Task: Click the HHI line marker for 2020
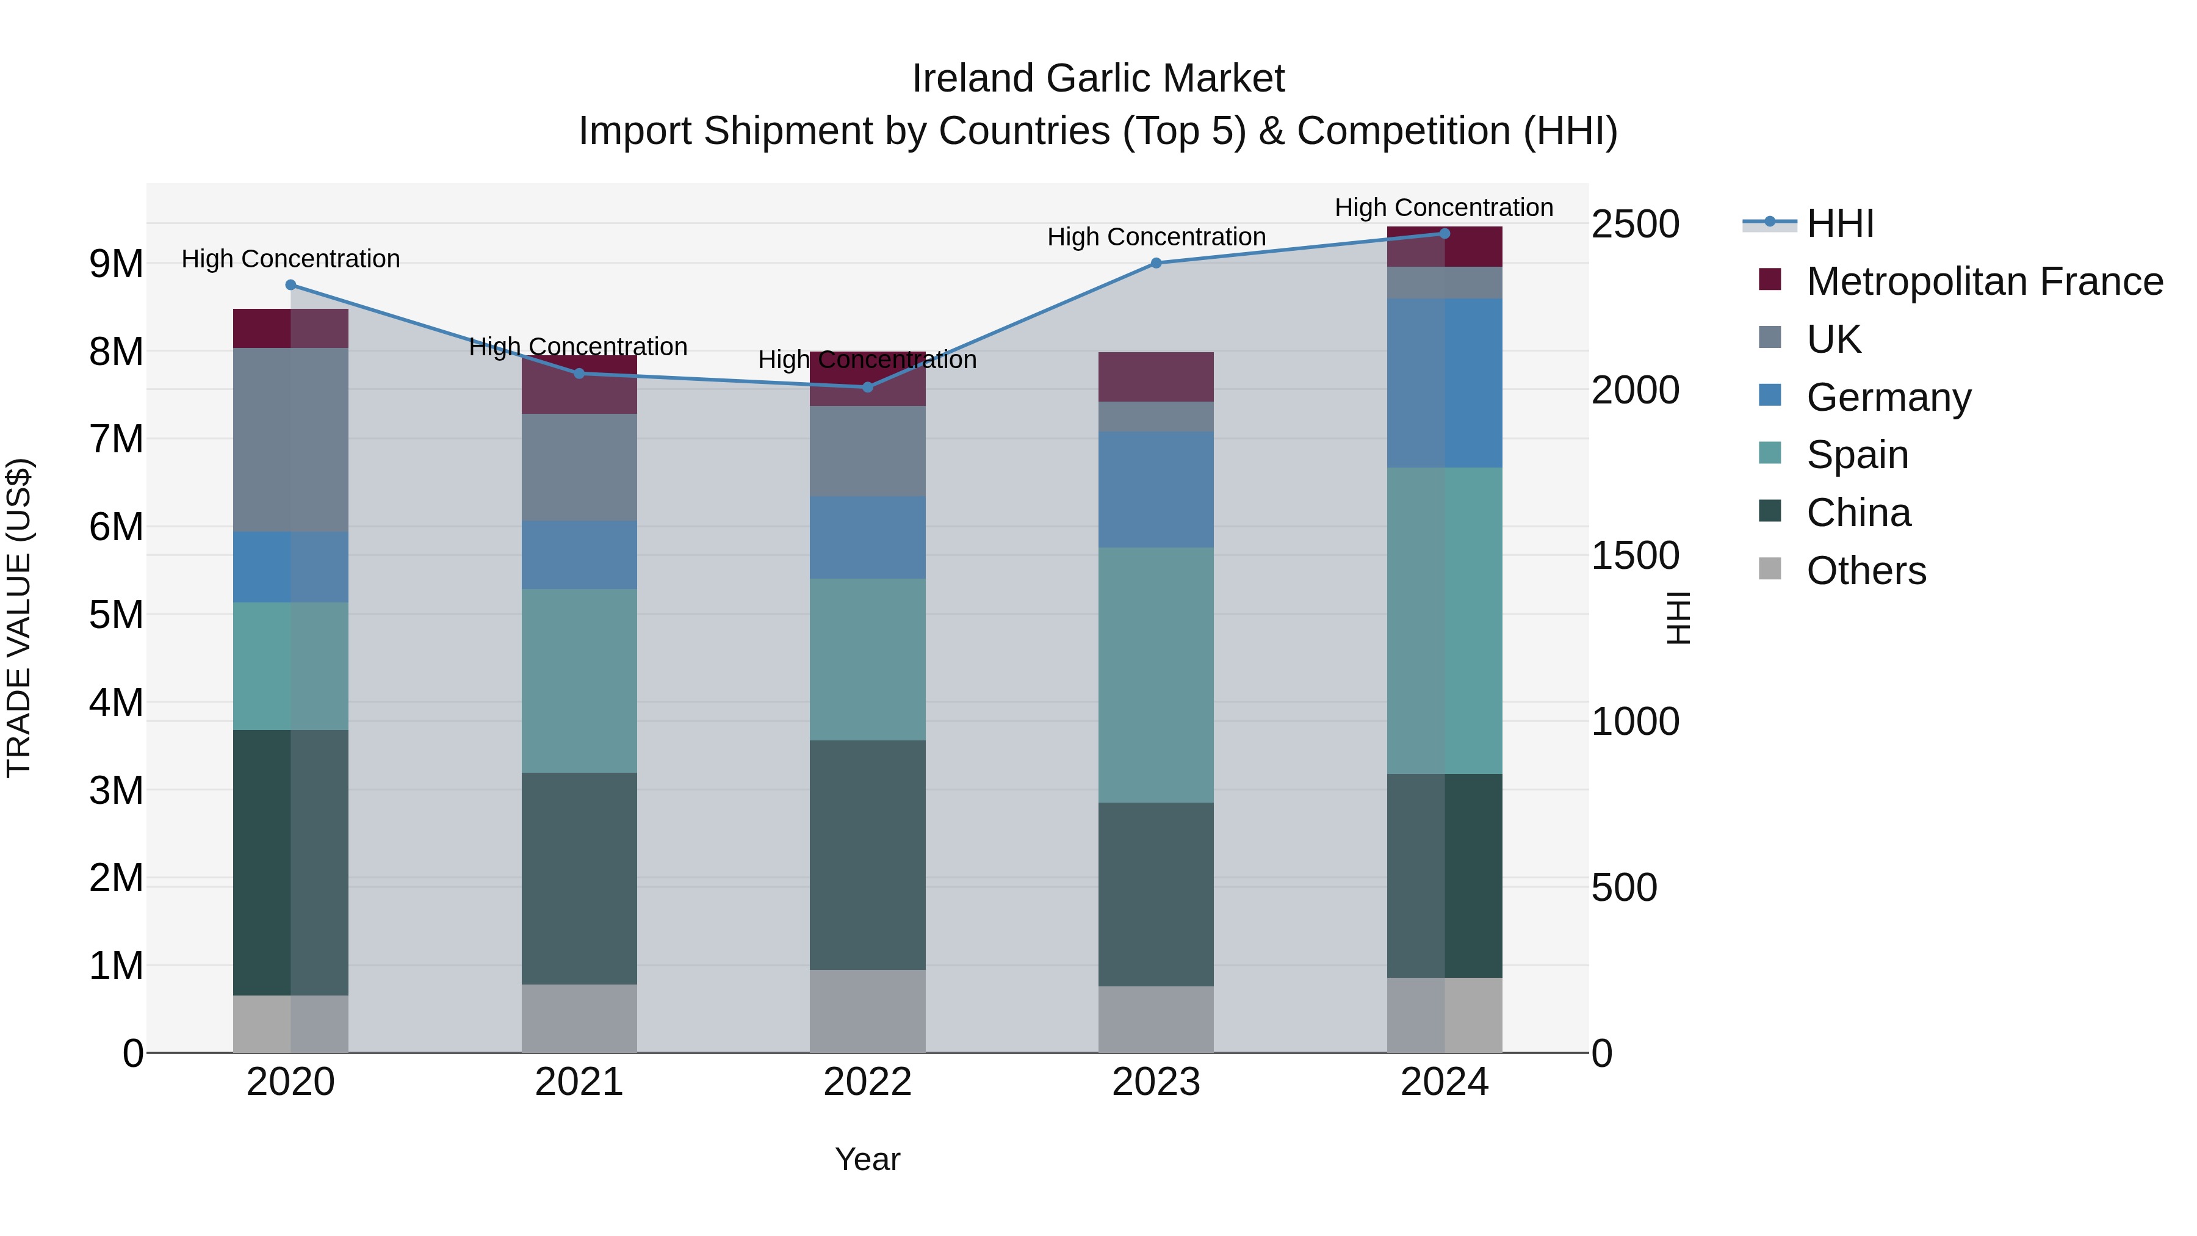coord(291,285)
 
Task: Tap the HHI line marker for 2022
coord(867,387)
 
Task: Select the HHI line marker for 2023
coord(1156,262)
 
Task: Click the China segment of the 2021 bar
coord(579,878)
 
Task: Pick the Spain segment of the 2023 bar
coord(1156,674)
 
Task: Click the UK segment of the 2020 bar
coord(291,439)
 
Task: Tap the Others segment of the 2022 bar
coord(867,1011)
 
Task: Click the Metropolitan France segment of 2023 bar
coord(1156,376)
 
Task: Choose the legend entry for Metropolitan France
coord(1984,281)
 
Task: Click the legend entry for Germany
coord(1888,397)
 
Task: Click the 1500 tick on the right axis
coord(1635,556)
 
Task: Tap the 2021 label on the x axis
coord(579,1082)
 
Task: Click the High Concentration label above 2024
coord(1444,208)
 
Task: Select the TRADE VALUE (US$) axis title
coord(19,618)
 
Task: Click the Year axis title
coord(867,1159)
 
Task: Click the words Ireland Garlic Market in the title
coord(1098,79)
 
